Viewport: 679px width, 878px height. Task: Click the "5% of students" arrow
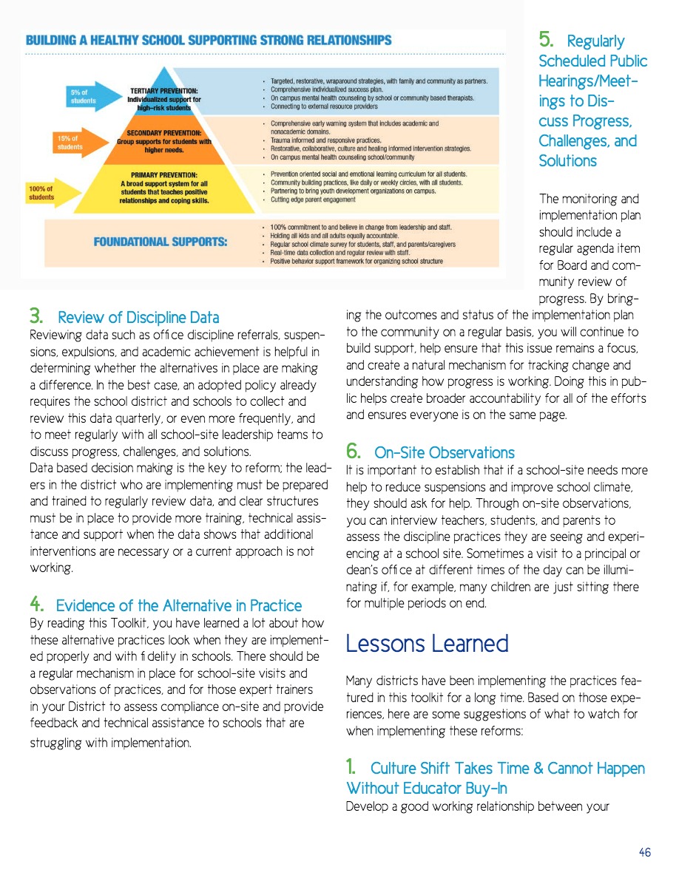[x=82, y=96]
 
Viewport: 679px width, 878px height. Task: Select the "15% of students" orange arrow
[x=72, y=143]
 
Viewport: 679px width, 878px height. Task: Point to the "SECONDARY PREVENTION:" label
[x=163, y=133]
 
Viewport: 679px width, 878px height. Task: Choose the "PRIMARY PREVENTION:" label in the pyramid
[x=163, y=176]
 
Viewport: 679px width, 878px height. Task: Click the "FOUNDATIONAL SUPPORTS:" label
[x=160, y=242]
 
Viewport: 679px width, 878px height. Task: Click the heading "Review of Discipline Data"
[x=138, y=318]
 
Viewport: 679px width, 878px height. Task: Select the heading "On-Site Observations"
[x=444, y=452]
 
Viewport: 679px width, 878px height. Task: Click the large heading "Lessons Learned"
[x=427, y=643]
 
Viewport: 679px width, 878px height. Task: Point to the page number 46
[x=645, y=852]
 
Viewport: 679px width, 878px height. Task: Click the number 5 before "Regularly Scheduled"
[x=547, y=40]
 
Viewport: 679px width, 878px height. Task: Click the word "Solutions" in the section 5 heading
[x=567, y=160]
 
